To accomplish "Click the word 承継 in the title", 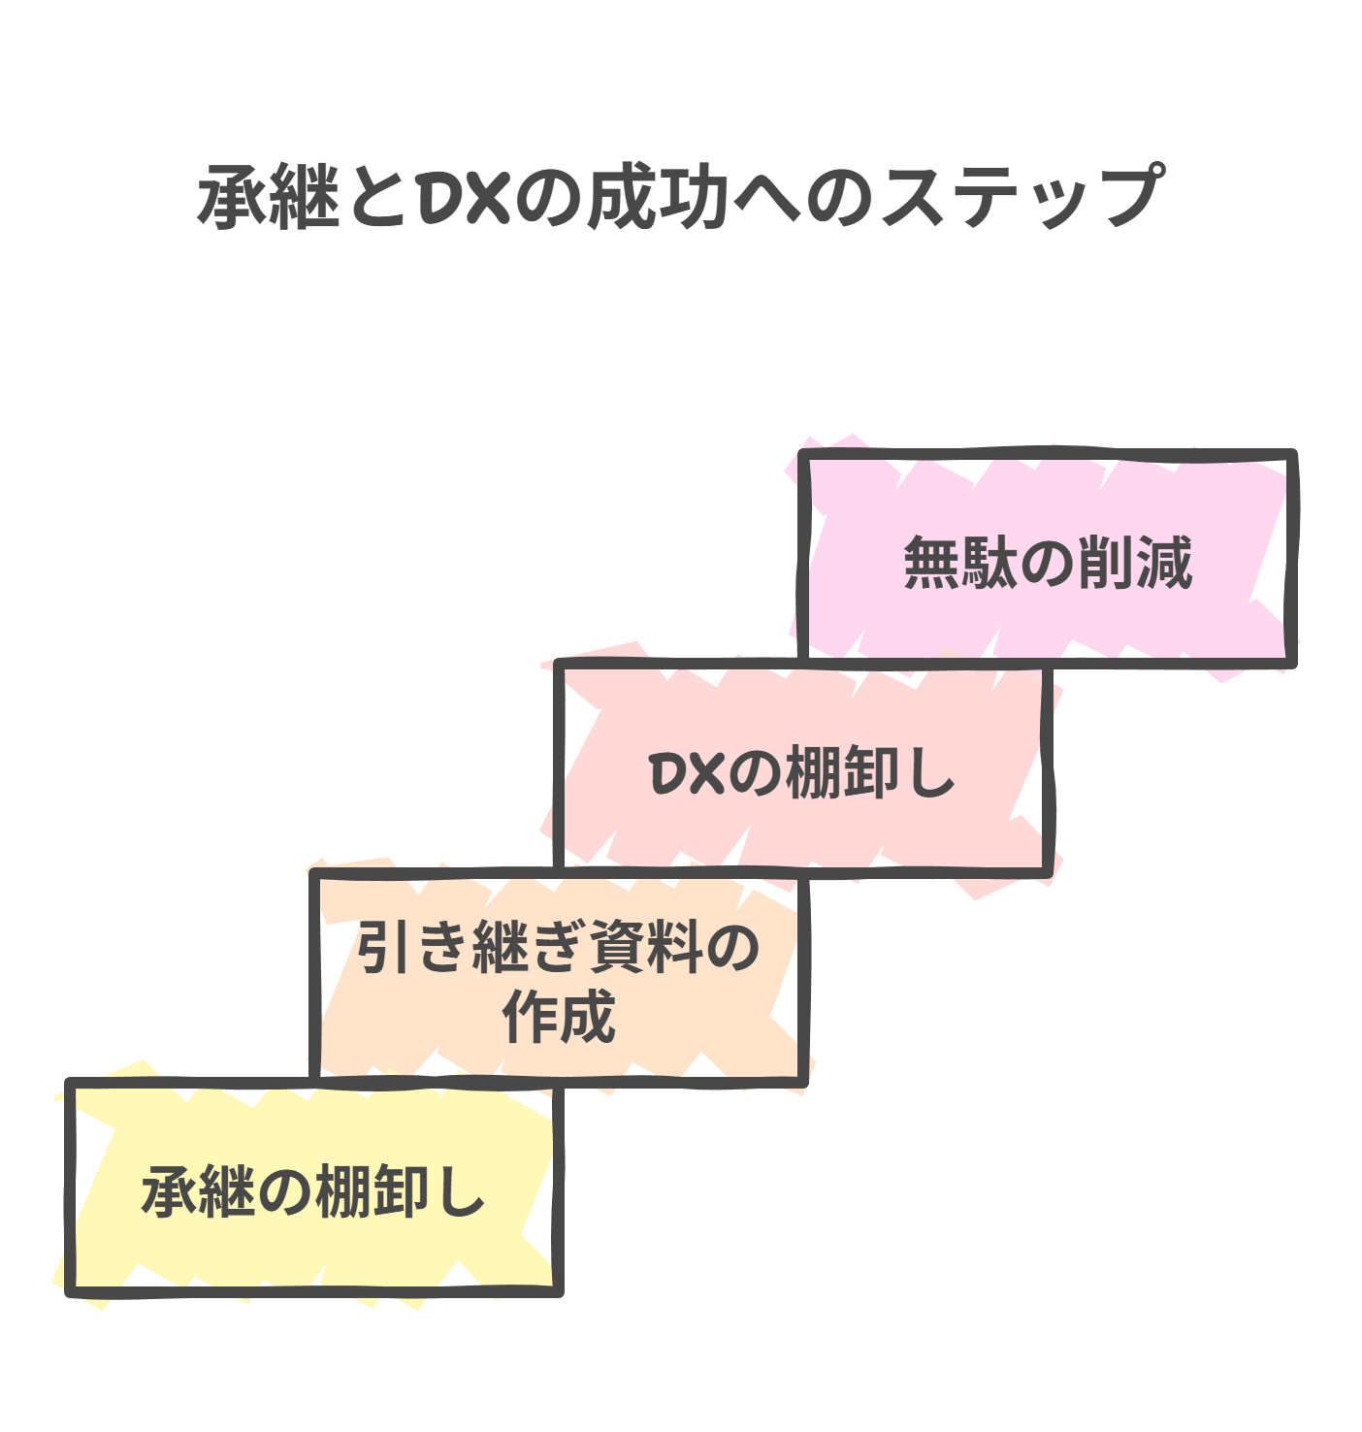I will [268, 197].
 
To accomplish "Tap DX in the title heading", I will [465, 197].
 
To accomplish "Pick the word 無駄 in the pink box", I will [961, 563].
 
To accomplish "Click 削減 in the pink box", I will [1134, 563].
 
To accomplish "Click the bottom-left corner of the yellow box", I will [71, 1290].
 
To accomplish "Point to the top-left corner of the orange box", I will [315, 874].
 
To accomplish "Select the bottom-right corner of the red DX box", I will [1048, 871].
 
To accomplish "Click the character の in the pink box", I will [1048, 563].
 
